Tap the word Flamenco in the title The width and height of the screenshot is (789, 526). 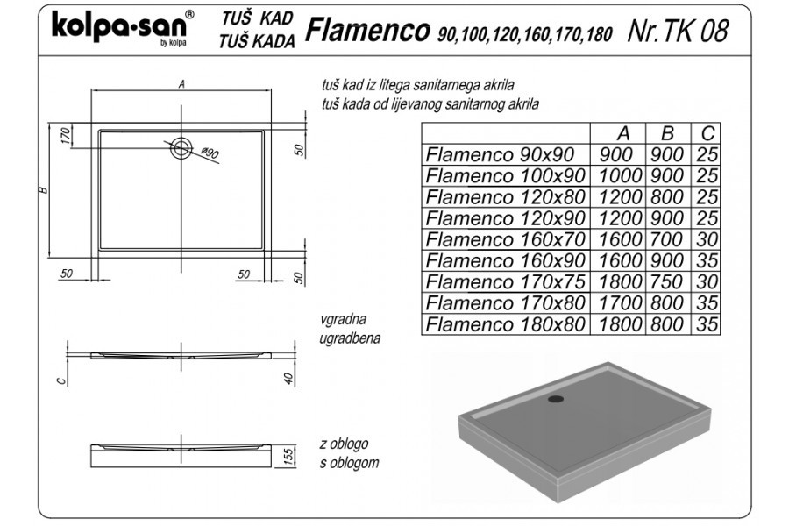click(367, 30)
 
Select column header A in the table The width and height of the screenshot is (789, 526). click(623, 133)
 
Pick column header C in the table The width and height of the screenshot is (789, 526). click(707, 133)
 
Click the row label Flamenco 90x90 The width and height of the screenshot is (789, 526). click(500, 154)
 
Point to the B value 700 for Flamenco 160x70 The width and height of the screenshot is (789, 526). click(667, 239)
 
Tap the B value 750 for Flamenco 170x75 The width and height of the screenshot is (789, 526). click(667, 281)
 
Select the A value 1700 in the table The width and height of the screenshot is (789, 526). click(621, 302)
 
